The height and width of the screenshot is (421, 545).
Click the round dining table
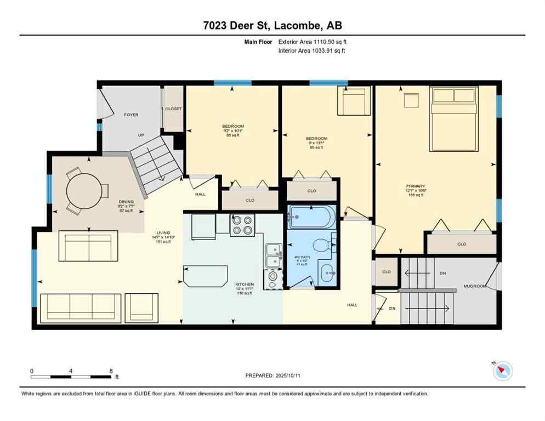click(83, 192)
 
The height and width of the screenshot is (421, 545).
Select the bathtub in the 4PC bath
click(310, 217)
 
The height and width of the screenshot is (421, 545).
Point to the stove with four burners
click(242, 224)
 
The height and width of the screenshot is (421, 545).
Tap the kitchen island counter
click(206, 275)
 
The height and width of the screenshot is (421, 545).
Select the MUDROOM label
click(475, 286)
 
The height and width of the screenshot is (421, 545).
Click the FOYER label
click(131, 115)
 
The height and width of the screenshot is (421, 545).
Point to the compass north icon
click(502, 371)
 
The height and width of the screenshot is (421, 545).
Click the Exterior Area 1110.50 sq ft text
click(312, 42)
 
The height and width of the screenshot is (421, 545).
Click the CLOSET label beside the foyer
click(173, 109)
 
